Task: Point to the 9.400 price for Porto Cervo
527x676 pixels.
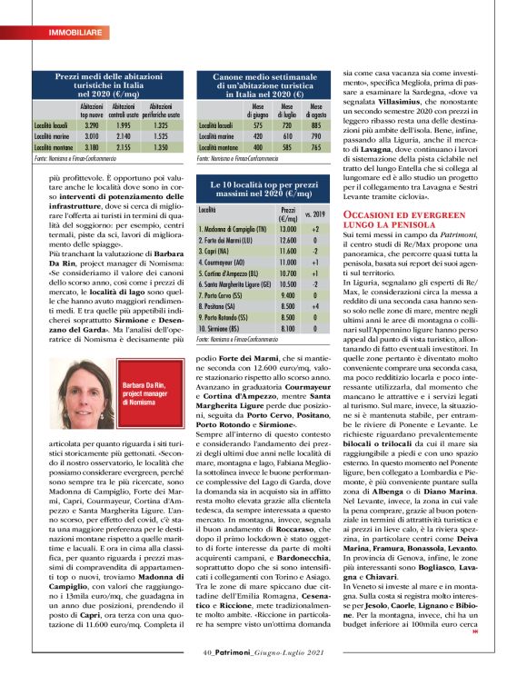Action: click(289, 296)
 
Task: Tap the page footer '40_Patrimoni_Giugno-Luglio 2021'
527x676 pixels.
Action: click(263, 651)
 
